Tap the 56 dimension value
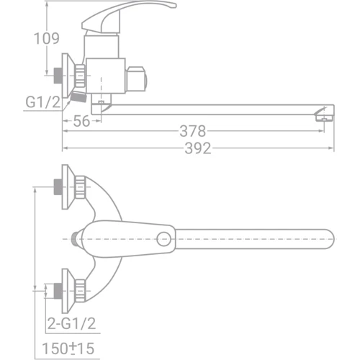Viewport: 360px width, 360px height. point(81,122)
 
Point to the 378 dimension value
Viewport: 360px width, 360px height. point(192,131)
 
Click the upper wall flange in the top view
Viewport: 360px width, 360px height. point(71,187)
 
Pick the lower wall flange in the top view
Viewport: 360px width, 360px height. point(71,288)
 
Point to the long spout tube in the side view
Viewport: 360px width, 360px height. point(216,108)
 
